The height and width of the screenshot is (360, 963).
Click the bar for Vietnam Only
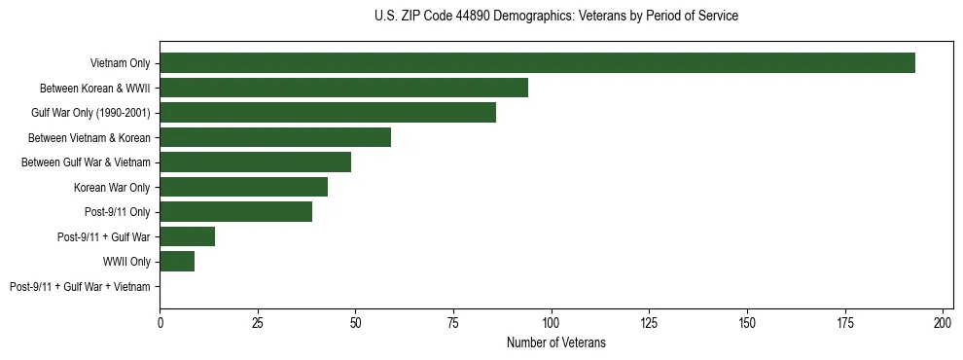click(537, 63)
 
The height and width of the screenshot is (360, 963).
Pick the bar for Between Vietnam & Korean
click(275, 137)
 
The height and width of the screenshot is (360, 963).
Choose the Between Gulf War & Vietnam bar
click(255, 162)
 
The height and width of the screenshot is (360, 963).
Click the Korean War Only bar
click(243, 187)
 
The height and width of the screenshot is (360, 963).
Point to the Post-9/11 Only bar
click(235, 212)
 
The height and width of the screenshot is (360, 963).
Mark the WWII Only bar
click(177, 262)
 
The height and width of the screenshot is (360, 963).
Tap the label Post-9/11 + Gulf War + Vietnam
click(80, 287)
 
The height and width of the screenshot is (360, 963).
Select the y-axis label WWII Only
click(126, 262)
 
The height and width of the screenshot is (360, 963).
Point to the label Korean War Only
click(112, 187)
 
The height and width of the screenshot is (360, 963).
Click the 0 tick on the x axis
click(160, 321)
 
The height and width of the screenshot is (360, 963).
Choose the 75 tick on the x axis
click(453, 321)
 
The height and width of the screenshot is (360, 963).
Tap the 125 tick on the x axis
click(649, 321)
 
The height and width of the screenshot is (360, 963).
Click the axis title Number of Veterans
click(555, 342)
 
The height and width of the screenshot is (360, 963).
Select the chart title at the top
click(555, 17)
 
